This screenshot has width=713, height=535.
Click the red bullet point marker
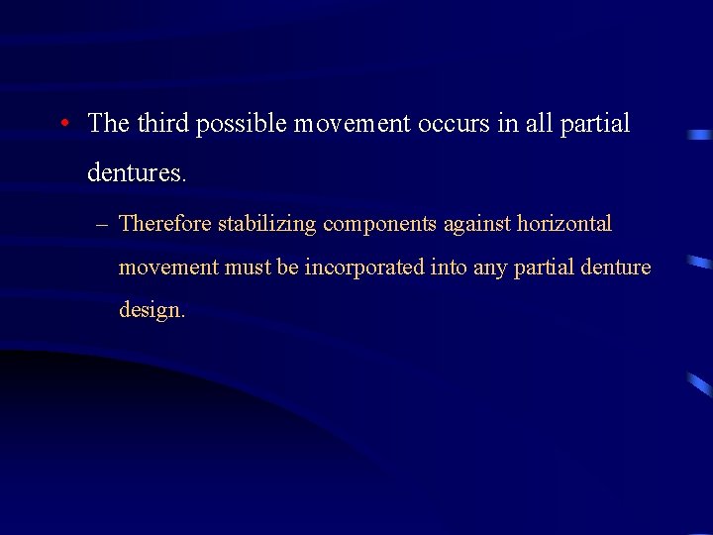tap(62, 124)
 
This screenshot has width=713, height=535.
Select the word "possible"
tap(239, 124)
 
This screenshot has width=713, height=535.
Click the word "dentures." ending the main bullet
tap(137, 173)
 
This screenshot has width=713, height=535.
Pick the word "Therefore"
tap(165, 224)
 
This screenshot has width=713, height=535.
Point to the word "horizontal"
tap(564, 224)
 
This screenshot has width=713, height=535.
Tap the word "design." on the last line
tap(152, 310)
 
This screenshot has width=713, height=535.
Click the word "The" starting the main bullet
tap(109, 124)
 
